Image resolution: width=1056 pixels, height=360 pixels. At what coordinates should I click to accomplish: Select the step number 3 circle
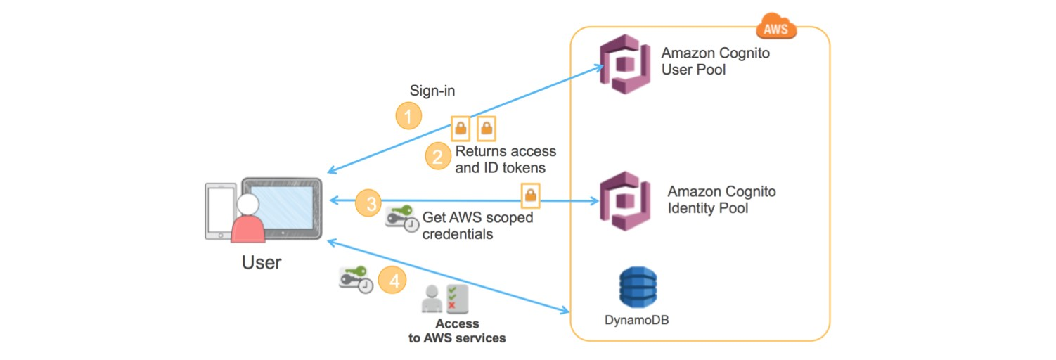pyautogui.click(x=368, y=203)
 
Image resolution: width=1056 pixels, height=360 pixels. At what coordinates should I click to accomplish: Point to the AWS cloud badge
pyautogui.click(x=776, y=28)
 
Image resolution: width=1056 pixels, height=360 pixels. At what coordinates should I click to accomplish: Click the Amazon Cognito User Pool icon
pyautogui.click(x=624, y=65)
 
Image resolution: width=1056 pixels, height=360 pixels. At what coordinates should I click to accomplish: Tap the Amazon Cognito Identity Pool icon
pyautogui.click(x=624, y=200)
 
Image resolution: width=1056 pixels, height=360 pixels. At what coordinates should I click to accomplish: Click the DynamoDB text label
pyautogui.click(x=637, y=320)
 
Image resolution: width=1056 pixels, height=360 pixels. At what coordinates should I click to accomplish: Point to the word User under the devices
pyautogui.click(x=262, y=263)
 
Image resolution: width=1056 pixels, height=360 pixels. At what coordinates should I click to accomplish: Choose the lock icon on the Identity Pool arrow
pyautogui.click(x=529, y=195)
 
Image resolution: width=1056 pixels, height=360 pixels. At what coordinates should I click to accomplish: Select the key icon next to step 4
pyautogui.click(x=355, y=278)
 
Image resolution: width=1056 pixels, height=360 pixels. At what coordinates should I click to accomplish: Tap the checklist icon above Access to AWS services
pyautogui.click(x=456, y=299)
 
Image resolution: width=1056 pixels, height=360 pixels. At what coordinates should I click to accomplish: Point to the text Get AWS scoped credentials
pyautogui.click(x=477, y=226)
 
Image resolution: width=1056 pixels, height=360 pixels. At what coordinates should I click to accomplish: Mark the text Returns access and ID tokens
pyautogui.click(x=506, y=160)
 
